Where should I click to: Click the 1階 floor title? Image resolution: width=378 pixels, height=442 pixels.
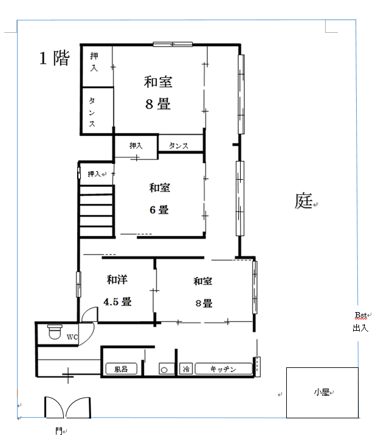pos(55,58)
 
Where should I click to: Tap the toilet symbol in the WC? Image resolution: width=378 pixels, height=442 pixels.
pos(55,331)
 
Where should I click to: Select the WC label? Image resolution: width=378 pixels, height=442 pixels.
pos(72,337)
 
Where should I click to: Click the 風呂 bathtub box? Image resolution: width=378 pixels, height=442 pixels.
pos(122,369)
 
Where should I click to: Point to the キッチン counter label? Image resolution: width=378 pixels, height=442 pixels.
pos(223,369)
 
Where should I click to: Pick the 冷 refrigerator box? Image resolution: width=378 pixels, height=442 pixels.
pos(186,369)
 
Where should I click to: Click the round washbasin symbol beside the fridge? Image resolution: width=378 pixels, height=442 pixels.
pos(164,370)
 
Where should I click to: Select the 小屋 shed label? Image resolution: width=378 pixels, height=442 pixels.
pos(321,392)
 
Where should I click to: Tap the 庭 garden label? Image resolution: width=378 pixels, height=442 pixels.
pos(303,201)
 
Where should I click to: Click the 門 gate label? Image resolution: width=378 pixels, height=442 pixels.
pos(59,430)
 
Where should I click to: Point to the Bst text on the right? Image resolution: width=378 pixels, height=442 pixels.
pos(361,315)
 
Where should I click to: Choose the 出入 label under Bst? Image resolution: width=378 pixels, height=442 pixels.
pos(360,328)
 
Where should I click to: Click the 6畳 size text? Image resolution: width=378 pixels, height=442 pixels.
pos(159,209)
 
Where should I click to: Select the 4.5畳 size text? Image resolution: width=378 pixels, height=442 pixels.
pos(117,302)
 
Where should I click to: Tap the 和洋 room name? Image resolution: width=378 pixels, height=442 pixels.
pos(117,279)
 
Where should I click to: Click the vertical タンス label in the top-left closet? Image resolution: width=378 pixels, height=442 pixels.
pos(92,112)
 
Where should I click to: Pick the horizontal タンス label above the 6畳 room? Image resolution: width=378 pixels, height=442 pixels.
pos(178,146)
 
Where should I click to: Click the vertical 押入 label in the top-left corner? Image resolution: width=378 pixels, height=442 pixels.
pos(94,62)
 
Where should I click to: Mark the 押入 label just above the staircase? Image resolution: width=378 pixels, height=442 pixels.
pos(94,174)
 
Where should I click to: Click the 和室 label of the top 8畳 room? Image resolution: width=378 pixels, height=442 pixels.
pos(158,82)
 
